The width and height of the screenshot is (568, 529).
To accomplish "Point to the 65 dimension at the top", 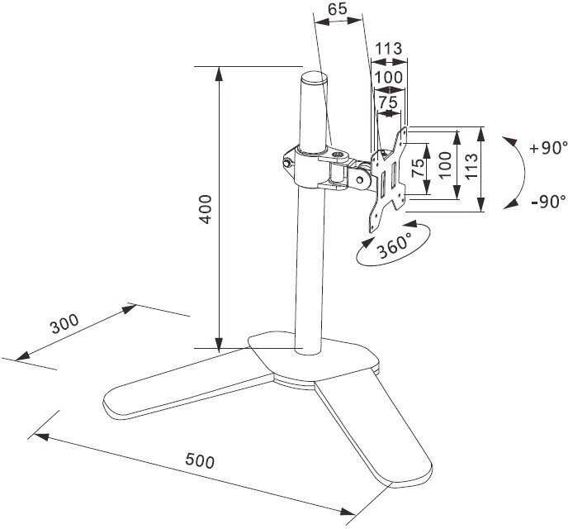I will point(336,10).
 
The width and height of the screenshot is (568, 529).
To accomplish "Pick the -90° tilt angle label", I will point(548,201).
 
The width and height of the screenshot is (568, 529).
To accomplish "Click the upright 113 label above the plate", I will point(388,49).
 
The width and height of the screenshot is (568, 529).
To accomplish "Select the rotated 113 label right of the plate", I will point(471,169).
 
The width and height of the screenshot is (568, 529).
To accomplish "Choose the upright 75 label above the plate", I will point(387,102).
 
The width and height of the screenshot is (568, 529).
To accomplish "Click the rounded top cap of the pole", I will point(313,78).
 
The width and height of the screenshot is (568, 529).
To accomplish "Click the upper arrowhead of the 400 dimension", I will point(219,74).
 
